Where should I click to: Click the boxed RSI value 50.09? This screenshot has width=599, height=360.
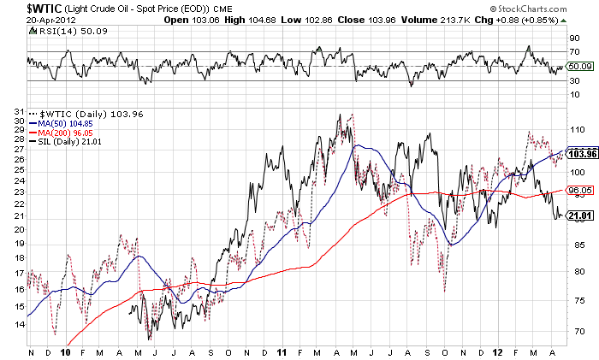581,66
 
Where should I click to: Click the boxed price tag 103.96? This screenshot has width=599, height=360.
581,154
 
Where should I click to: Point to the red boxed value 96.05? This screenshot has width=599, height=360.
581,191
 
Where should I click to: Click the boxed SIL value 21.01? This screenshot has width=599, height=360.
581,215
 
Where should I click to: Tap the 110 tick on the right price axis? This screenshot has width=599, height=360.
577,128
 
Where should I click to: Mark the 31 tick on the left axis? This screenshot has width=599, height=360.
19,110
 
